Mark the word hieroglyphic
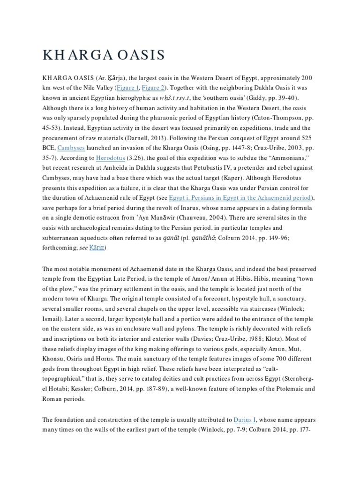pos(147,98)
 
